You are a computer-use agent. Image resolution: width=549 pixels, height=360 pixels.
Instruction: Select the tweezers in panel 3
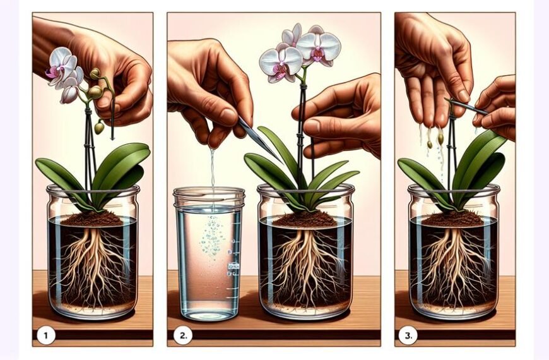click(467, 106)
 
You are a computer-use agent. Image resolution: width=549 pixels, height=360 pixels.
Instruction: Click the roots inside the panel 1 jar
click(91, 265)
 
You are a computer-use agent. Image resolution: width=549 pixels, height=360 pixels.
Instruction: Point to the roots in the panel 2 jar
click(306, 265)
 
